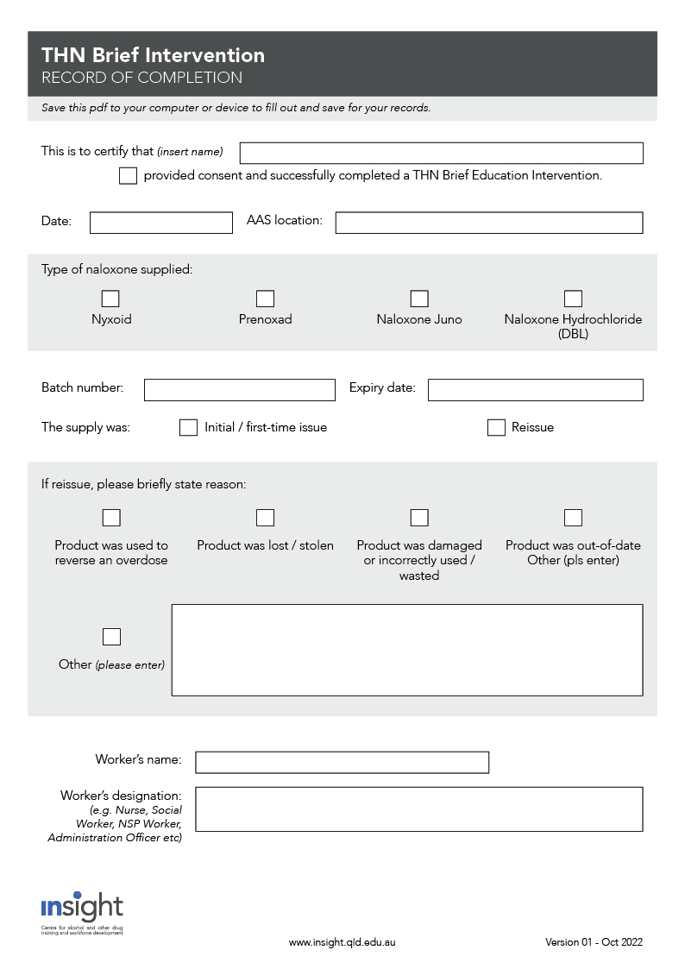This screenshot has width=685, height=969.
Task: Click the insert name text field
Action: pos(441,154)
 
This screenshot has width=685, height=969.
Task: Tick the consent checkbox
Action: pos(128,176)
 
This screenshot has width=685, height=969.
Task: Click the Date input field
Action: pos(161,223)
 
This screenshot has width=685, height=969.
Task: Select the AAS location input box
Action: pos(489,223)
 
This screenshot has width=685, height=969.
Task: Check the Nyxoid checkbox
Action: pos(111,299)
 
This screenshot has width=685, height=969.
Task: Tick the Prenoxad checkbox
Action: pos(266,299)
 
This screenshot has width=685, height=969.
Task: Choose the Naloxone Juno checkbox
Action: pos(419,299)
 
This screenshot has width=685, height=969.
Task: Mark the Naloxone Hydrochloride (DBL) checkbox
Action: pos(573,299)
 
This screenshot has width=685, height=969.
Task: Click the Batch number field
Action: pos(240,390)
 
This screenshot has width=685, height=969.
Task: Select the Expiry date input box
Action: pos(535,390)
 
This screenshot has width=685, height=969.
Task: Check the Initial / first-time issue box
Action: pos(188,428)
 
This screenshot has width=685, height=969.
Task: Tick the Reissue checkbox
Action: pos(496,428)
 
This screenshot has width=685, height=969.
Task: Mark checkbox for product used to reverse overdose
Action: pos(111,518)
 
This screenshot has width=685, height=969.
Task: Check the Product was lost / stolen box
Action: pos(266,518)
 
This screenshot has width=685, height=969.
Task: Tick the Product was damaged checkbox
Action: pos(419,518)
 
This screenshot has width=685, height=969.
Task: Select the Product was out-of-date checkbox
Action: pos(573,518)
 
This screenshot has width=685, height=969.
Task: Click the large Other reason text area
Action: pos(407,650)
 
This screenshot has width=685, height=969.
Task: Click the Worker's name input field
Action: pos(342,763)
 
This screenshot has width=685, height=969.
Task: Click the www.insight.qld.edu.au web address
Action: pos(342,943)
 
